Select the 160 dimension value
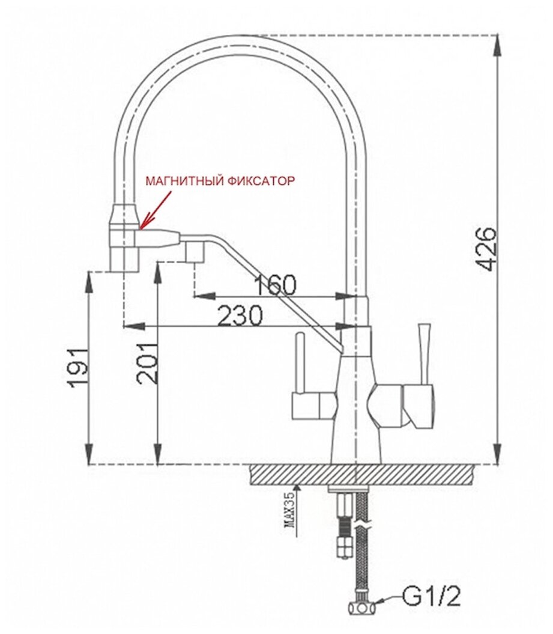pyautogui.click(x=276, y=285)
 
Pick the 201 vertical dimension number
pyautogui.click(x=147, y=363)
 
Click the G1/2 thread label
pyautogui.click(x=431, y=597)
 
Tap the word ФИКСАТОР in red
pyautogui.click(x=261, y=181)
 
